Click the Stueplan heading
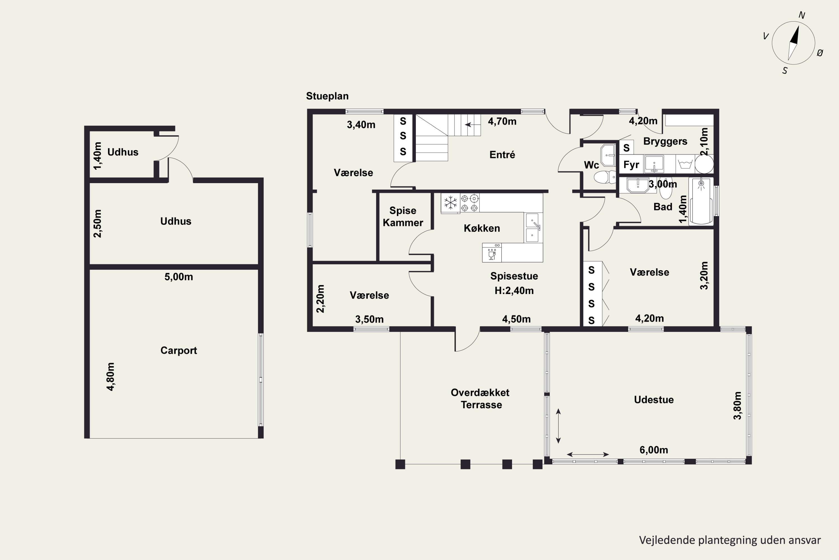click(x=327, y=96)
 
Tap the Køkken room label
click(x=482, y=228)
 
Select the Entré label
click(x=502, y=155)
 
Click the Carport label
click(x=178, y=350)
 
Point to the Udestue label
click(x=654, y=400)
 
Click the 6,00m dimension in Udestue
click(x=654, y=450)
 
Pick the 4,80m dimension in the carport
click(x=110, y=377)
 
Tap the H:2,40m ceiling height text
click(x=514, y=291)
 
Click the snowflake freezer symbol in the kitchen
click(x=451, y=203)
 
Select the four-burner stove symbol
click(x=470, y=203)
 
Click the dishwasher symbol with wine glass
click(x=492, y=253)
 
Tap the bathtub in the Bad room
click(x=701, y=201)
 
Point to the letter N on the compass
click(x=802, y=15)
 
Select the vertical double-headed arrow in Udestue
click(x=558, y=426)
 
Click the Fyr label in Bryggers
click(x=631, y=165)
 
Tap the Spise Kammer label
click(x=403, y=216)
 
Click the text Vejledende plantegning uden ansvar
click(x=730, y=540)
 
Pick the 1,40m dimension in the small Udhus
click(x=97, y=156)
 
